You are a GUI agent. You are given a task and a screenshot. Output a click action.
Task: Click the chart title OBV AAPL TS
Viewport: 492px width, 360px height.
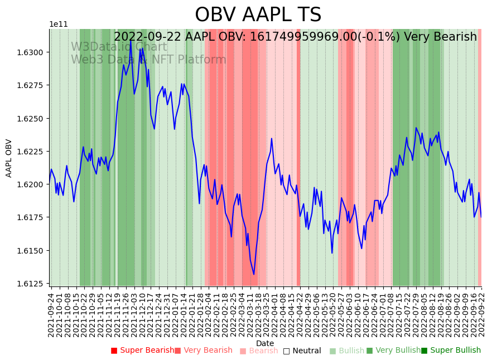click(258, 15)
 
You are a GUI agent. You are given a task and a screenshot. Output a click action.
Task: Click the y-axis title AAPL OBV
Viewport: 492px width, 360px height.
click(9, 158)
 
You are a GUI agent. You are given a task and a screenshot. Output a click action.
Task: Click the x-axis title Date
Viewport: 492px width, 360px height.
click(265, 343)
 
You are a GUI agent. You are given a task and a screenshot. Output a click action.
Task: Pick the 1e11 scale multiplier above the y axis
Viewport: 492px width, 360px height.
click(58, 25)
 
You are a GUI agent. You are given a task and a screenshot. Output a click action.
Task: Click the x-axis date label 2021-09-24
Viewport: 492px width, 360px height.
click(51, 315)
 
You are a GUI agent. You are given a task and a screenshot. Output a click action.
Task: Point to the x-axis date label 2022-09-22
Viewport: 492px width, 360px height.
click(481, 315)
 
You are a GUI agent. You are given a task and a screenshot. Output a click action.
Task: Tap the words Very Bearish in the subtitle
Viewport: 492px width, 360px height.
click(440, 37)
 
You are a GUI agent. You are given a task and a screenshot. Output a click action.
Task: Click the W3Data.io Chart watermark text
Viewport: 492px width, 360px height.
click(119, 47)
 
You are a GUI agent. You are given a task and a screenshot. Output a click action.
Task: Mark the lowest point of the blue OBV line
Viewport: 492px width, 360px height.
click(254, 274)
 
